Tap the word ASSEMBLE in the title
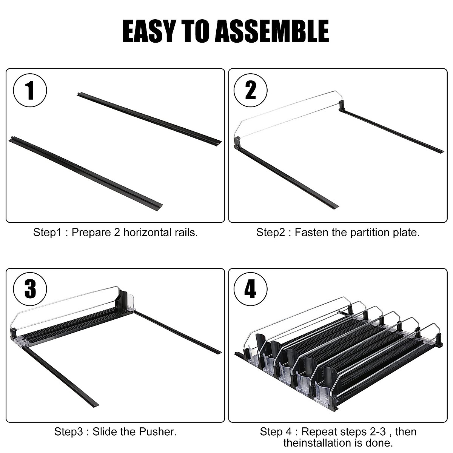point(272,31)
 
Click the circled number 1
point(30,91)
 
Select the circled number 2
point(251,91)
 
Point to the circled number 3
point(30,289)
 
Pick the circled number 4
point(251,289)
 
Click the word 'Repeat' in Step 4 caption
point(317,432)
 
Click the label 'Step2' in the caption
point(271,233)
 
